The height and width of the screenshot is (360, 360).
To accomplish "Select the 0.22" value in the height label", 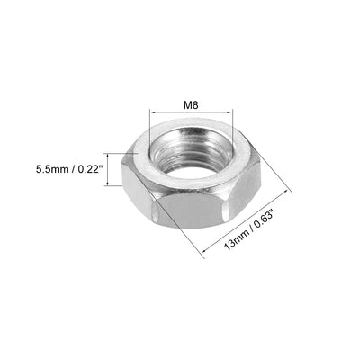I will coord(92,167).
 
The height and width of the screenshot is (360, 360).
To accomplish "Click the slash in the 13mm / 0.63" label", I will coord(241,231).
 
